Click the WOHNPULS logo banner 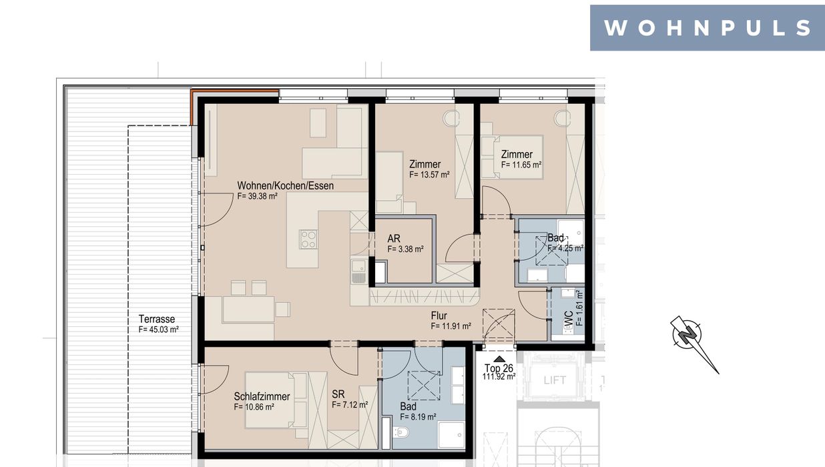(x=707, y=27)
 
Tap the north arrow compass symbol (x=692, y=340)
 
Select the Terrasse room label (x=157, y=319)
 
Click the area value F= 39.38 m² (x=257, y=196)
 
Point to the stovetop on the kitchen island (x=308, y=240)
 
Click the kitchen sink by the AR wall (x=358, y=272)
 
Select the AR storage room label (x=394, y=238)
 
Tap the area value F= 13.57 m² (x=429, y=174)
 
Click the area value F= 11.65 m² (x=521, y=165)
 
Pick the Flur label (x=439, y=316)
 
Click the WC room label (x=568, y=319)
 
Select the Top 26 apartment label (x=499, y=368)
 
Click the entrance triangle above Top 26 (x=499, y=359)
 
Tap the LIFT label (x=555, y=380)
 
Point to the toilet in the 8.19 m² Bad (x=400, y=432)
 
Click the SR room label (x=338, y=394)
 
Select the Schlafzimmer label (x=262, y=396)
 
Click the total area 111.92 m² (x=499, y=376)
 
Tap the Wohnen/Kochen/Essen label (x=286, y=186)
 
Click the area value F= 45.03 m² (x=159, y=330)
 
